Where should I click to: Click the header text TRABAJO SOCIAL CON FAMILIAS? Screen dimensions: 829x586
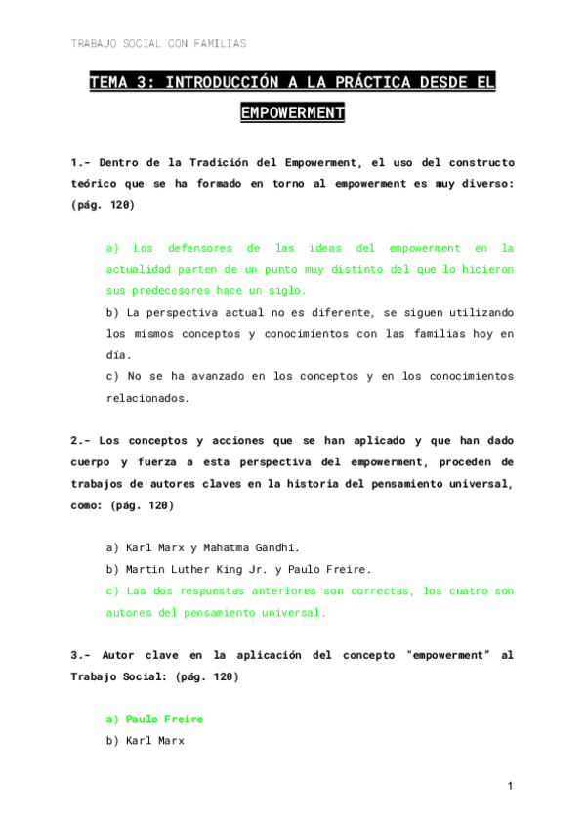[x=158, y=44]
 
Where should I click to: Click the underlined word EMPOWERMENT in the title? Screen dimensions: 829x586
[x=292, y=113]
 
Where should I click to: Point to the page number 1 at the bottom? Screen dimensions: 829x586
[x=510, y=787]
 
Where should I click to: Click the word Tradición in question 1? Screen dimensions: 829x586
[x=230, y=162]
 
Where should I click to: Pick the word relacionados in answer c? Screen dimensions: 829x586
[x=147, y=398]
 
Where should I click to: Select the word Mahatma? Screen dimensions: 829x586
[x=228, y=548]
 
